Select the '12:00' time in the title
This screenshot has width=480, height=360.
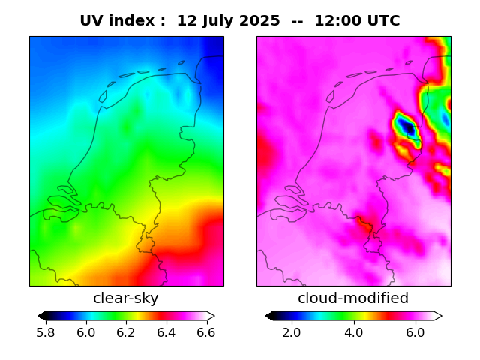pos(335,21)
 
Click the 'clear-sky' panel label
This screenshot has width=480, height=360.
pos(126,298)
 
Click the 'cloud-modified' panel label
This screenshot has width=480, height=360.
pos(353,298)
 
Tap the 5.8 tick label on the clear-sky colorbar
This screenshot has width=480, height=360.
pos(46,332)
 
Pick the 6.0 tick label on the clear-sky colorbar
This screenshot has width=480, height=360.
pos(86,332)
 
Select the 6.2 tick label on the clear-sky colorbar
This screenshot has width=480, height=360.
pos(127,332)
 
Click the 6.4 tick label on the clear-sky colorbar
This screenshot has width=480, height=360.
pos(166,332)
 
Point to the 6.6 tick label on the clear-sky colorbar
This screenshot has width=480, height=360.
pos(206,332)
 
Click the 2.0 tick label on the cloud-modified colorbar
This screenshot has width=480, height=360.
pos(292,332)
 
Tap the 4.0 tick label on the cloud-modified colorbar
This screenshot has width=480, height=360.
pos(353,332)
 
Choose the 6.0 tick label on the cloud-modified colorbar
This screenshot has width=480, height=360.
pos(415,332)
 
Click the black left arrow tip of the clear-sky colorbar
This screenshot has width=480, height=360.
pos(41,316)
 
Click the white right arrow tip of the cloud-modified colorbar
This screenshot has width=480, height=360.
pos(438,316)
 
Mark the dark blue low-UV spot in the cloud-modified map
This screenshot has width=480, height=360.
pos(408,128)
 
